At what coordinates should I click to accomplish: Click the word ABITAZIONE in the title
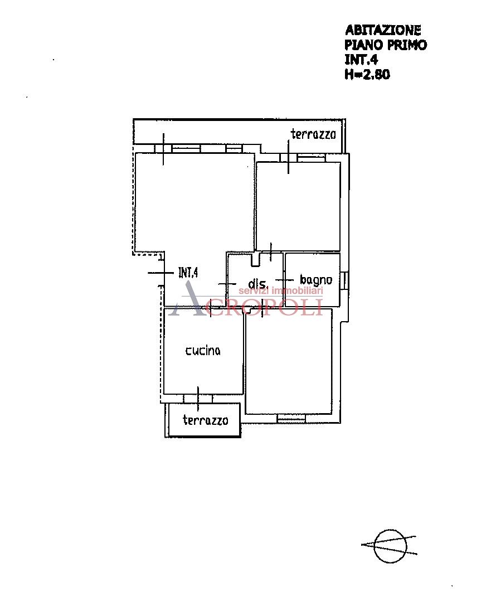point(383,30)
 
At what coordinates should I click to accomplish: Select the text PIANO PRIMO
point(385,45)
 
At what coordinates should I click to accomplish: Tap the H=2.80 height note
point(367,74)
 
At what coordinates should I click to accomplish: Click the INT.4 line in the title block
point(361,60)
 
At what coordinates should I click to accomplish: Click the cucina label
point(203,351)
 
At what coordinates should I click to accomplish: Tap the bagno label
point(316,280)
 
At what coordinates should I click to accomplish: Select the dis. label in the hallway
point(258,283)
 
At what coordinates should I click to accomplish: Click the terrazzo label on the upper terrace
point(313,134)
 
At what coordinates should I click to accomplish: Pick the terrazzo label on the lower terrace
point(205,420)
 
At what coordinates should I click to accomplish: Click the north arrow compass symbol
point(390,546)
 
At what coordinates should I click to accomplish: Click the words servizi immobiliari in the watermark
point(280,291)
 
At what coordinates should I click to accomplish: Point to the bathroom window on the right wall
point(344,281)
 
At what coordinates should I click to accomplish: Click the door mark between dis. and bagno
point(284,280)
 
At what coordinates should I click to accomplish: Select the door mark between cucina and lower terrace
point(198,399)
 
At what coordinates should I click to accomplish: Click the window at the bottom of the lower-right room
point(291,418)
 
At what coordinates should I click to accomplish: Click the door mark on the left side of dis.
point(227,284)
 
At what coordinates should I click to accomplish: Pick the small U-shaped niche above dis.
point(256,259)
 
